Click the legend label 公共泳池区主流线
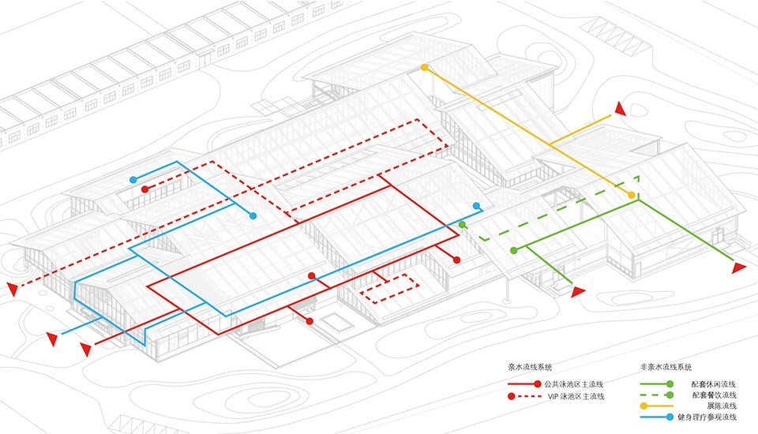[x=574, y=384]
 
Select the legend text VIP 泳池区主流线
[x=576, y=396]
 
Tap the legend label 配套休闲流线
[x=714, y=384]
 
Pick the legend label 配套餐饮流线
[x=714, y=395]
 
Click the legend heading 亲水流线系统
[x=530, y=367]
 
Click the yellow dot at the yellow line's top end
[x=425, y=68]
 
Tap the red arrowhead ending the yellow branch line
[x=621, y=109]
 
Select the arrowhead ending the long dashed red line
[x=13, y=289]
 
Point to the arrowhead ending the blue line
[x=52, y=339]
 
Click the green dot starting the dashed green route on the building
[x=462, y=225]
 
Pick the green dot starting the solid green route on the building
[x=514, y=250]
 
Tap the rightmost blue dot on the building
[x=477, y=206]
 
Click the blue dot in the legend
[x=670, y=417]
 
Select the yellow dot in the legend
[x=644, y=406]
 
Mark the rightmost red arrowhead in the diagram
[x=739, y=268]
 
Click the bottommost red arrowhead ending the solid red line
[x=86, y=349]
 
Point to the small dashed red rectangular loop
[x=389, y=289]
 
